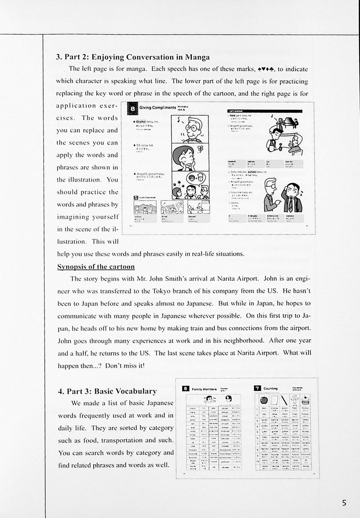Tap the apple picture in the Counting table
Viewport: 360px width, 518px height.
[263, 400]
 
